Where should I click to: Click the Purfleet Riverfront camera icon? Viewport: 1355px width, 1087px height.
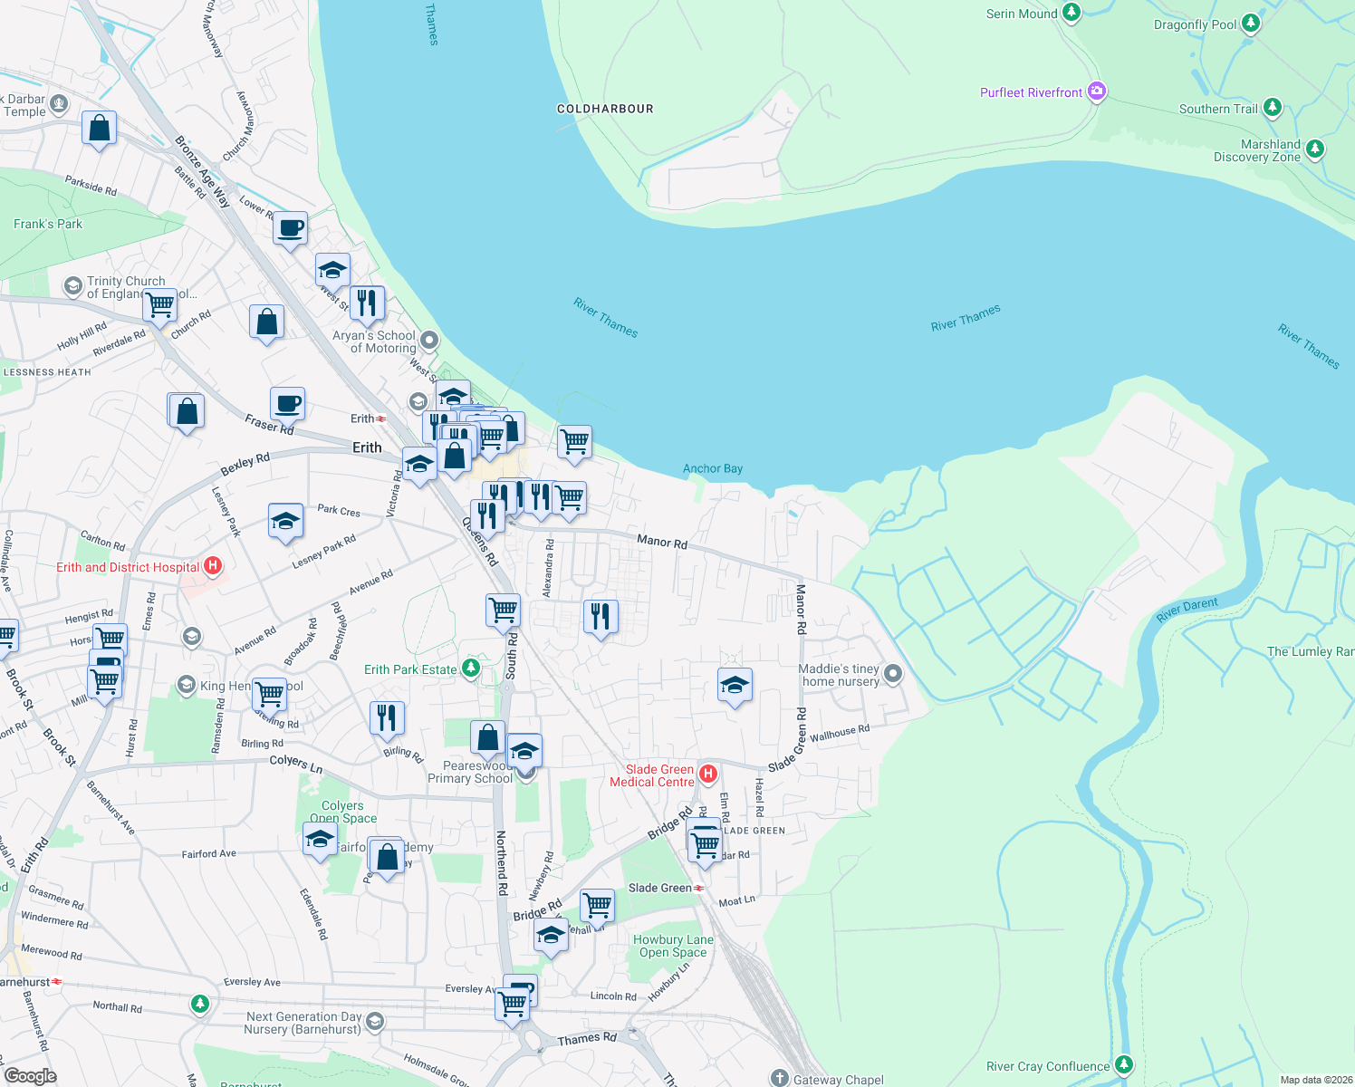point(1097,91)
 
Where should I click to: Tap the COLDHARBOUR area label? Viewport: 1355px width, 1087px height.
point(605,109)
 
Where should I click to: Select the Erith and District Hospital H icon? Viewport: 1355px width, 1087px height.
point(213,567)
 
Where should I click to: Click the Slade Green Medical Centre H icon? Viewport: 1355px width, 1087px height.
point(709,774)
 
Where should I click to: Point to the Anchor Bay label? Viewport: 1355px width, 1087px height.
point(713,468)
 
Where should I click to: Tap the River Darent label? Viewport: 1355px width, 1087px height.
point(1187,611)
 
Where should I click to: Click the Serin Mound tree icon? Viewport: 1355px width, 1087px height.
point(1072,13)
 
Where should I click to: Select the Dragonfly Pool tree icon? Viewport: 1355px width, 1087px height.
point(1251,24)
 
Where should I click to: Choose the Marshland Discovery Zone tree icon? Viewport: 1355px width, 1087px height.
point(1315,149)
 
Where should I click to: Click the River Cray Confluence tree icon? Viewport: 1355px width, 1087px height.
point(1124,1065)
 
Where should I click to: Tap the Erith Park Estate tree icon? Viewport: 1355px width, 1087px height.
point(471,669)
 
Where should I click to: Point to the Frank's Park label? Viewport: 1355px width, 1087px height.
point(48,224)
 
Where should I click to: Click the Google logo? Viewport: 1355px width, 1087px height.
point(30,1075)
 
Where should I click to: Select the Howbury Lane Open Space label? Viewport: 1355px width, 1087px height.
point(673,946)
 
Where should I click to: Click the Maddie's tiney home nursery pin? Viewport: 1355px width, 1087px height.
point(893,673)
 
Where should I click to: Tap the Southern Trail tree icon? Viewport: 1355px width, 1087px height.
point(1273,108)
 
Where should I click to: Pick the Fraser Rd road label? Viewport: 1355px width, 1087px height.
point(269,424)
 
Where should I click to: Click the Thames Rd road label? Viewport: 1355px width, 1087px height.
point(587,1039)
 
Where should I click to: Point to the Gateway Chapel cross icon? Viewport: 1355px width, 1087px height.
point(780,1078)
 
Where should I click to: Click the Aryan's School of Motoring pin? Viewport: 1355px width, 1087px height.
point(429,341)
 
